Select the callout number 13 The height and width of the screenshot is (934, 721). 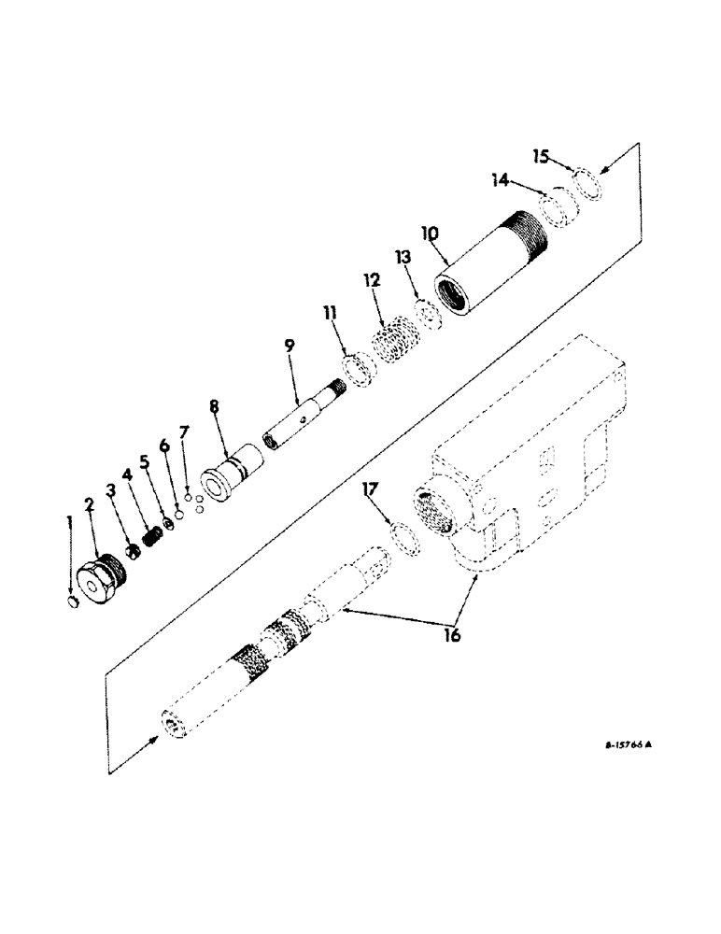(403, 257)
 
